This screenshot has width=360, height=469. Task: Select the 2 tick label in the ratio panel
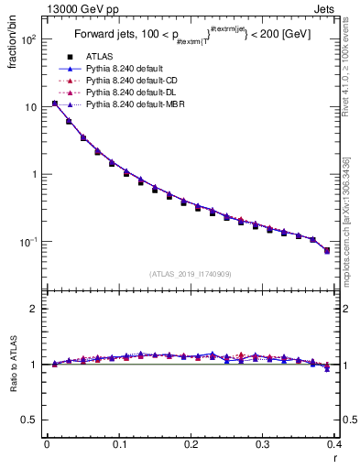point(33,309)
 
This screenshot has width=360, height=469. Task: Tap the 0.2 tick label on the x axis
point(190,446)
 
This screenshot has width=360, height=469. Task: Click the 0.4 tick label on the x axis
point(333,446)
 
